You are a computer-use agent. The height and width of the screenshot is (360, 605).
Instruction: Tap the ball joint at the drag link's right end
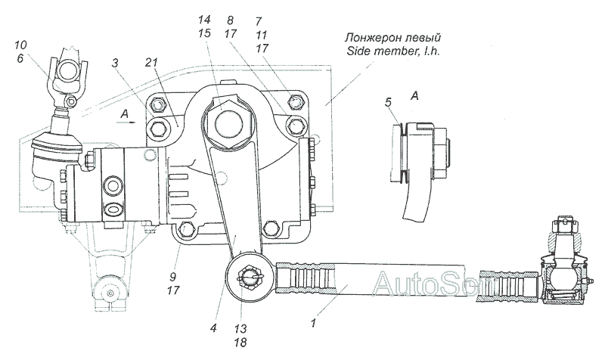click(x=560, y=272)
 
